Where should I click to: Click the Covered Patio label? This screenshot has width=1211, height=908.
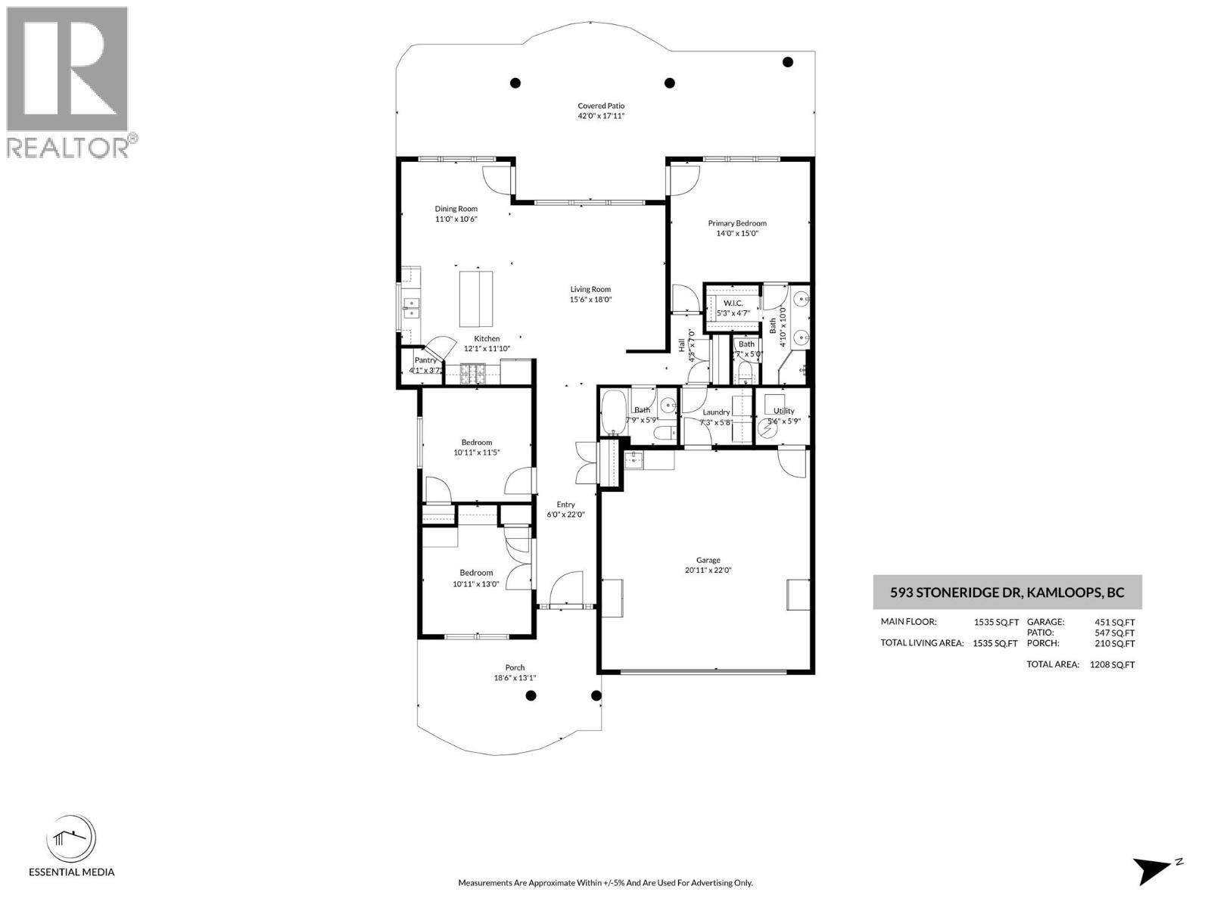coord(601,106)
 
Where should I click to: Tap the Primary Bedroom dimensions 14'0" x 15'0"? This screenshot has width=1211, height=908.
coord(737,234)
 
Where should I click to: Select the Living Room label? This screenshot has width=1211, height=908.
coord(590,289)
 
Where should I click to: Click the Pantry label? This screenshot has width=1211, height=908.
coord(425,360)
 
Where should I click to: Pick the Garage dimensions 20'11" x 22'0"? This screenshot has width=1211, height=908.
coord(708,571)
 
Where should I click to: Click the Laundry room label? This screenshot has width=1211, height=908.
coord(716,412)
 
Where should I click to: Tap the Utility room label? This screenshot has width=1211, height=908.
coord(784,411)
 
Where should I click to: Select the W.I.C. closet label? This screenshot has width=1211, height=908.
coord(733,303)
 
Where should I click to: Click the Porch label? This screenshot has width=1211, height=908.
coord(515,667)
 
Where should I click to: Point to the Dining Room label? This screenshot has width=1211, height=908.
coord(456,209)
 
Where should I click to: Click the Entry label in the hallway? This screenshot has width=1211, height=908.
coord(565,505)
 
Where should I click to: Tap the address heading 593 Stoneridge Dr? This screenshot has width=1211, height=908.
coord(1007,592)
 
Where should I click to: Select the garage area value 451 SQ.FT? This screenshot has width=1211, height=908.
coord(1115,622)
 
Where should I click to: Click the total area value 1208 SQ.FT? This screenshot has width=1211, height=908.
coord(1112,664)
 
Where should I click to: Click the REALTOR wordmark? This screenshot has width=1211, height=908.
coord(68,147)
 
